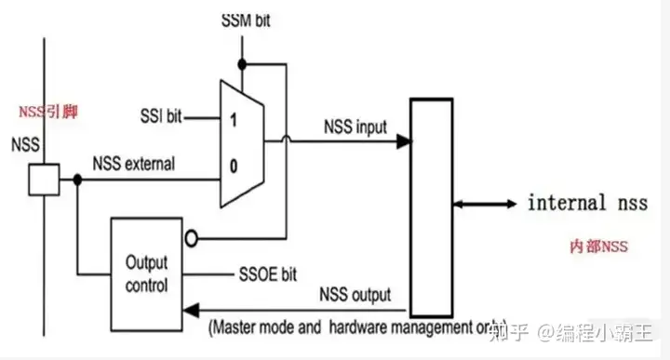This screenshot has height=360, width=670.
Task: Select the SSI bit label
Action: point(158,118)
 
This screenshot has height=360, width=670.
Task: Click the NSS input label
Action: point(355,125)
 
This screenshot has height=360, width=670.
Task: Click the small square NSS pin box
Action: point(43,180)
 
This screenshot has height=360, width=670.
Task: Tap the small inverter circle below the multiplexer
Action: point(192,237)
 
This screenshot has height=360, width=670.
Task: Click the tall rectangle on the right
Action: point(431,212)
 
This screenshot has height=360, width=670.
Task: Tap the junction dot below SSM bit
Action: point(242,64)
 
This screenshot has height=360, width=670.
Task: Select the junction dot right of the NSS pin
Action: point(78,180)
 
